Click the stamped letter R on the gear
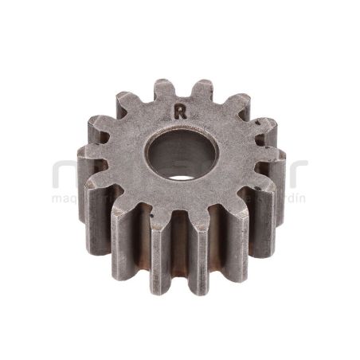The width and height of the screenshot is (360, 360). (x=181, y=112)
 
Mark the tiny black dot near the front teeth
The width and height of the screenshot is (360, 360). (x=151, y=213)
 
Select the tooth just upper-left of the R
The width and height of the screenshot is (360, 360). (x=162, y=88)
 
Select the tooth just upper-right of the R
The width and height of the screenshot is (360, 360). (x=200, y=88)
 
